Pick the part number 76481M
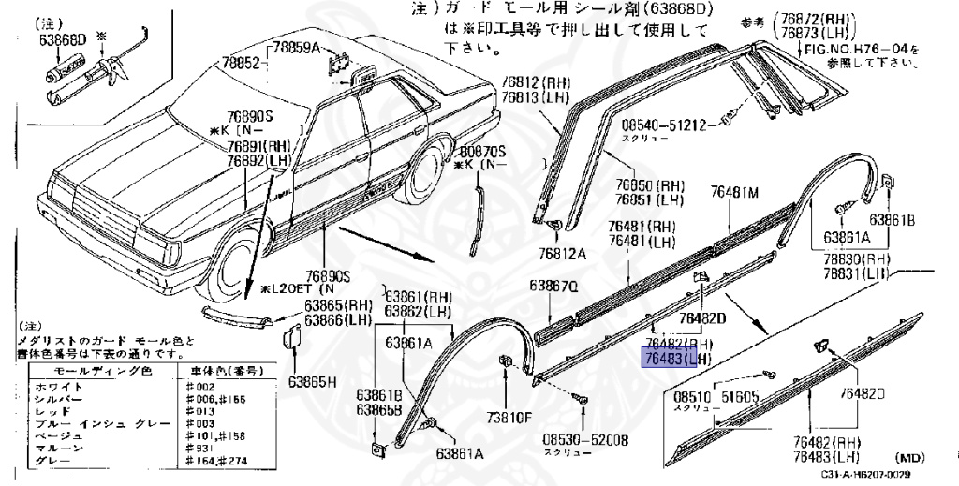(x=734, y=193)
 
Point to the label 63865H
(x=312, y=381)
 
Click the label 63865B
(x=378, y=409)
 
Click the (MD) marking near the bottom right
(x=910, y=457)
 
